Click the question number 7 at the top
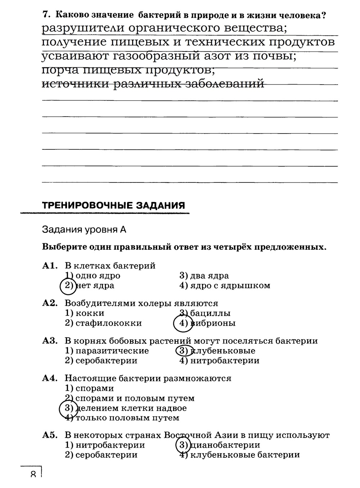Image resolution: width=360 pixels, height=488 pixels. click(45, 15)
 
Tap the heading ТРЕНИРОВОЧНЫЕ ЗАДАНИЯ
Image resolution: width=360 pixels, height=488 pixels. click(113, 205)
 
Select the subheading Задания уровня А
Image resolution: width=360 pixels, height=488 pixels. click(84, 230)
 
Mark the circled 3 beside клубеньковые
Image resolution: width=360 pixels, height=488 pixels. click(183, 351)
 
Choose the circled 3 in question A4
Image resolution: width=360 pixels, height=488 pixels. click(68, 408)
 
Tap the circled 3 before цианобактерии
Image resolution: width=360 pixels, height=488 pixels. click(183, 445)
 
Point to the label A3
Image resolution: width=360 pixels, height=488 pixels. click(50, 341)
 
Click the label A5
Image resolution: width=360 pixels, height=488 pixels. click(50, 435)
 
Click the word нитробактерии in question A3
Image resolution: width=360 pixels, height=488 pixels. click(224, 361)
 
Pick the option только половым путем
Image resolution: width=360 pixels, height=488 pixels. click(127, 418)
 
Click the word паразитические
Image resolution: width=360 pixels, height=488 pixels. click(112, 351)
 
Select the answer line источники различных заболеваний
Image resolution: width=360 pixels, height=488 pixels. click(153, 84)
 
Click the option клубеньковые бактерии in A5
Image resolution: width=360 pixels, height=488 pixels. click(245, 455)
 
